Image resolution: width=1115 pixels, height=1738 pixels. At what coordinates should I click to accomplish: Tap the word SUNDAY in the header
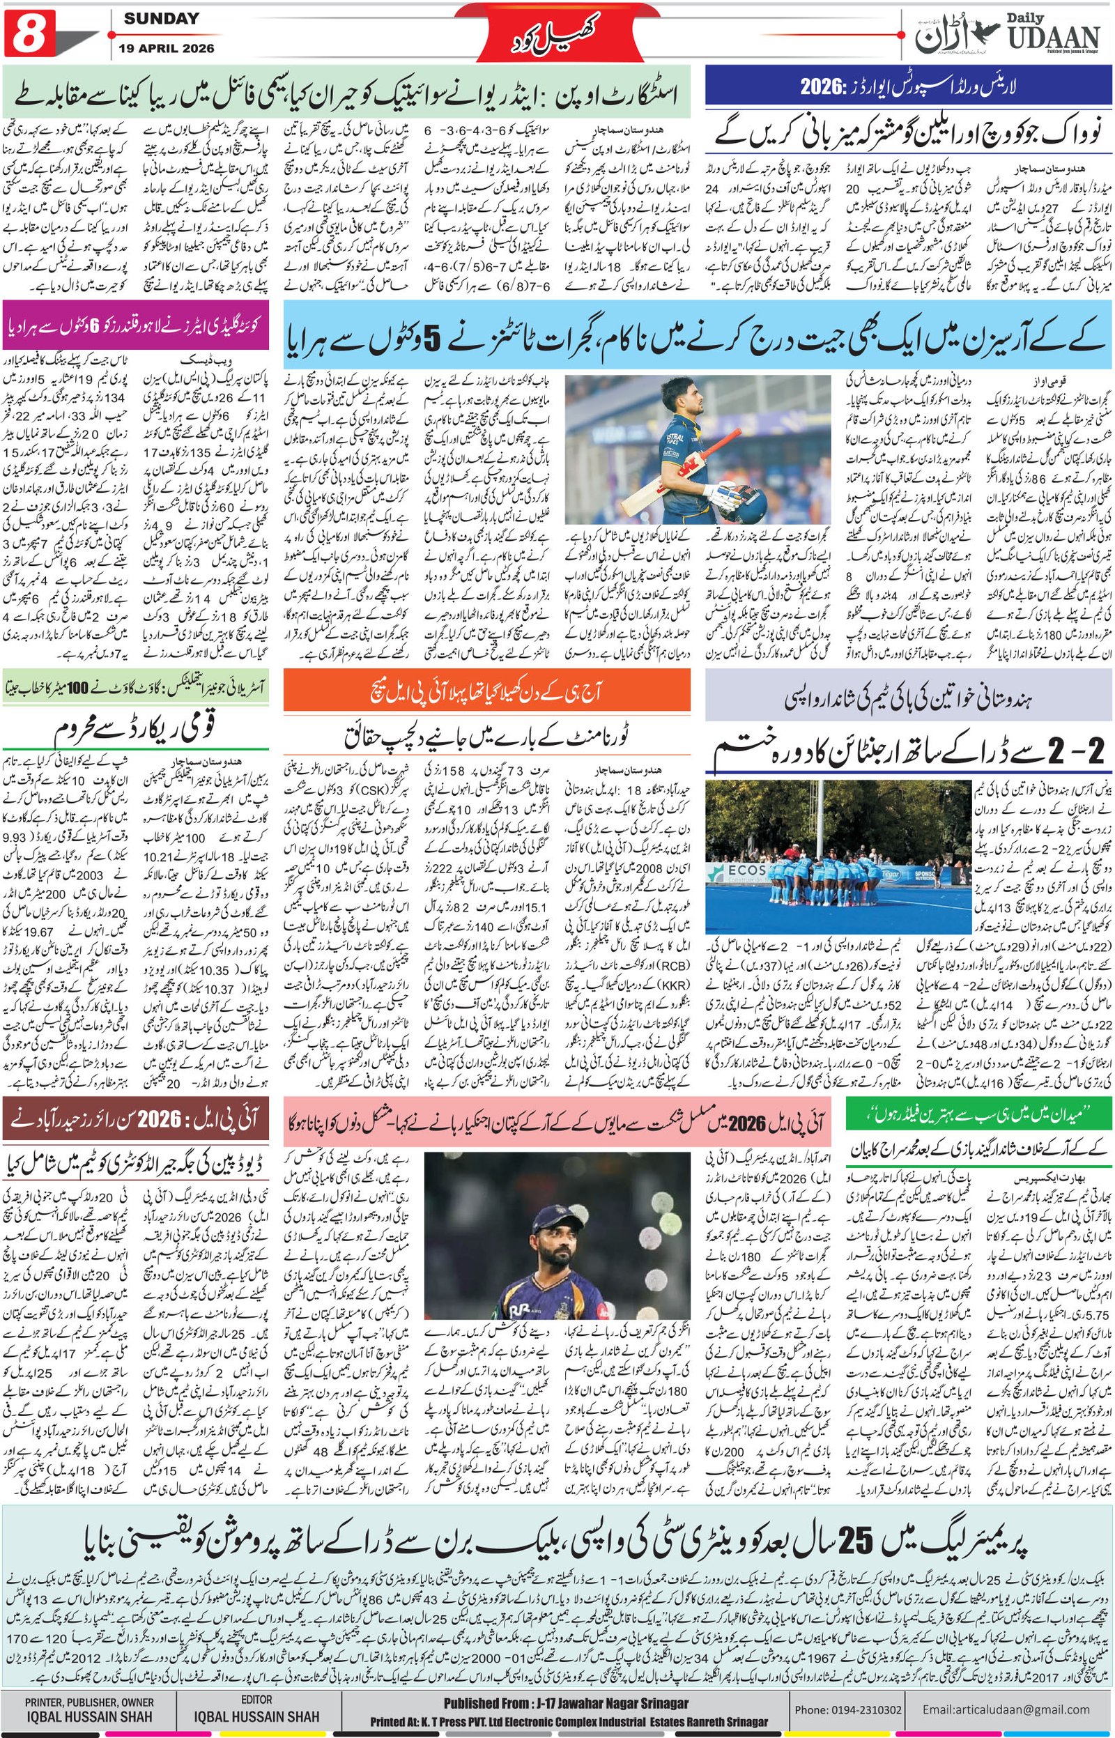pyautogui.click(x=161, y=19)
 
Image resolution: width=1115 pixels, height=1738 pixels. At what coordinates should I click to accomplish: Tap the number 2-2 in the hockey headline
pyautogui.click(x=1082, y=751)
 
